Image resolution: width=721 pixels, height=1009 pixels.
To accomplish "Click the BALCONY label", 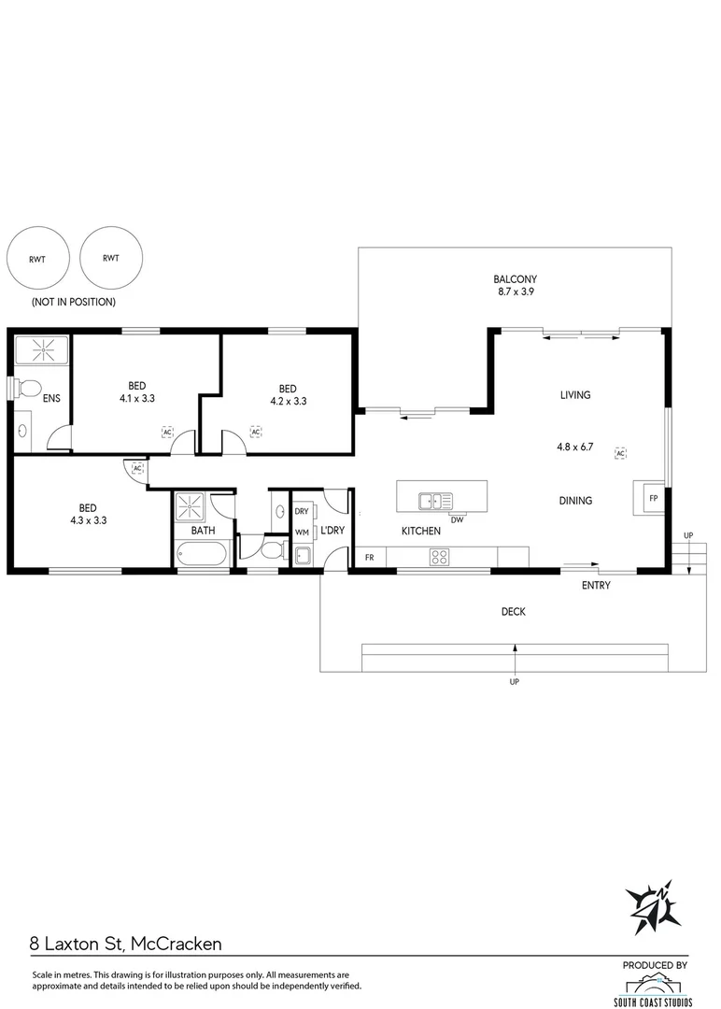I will click(515, 278).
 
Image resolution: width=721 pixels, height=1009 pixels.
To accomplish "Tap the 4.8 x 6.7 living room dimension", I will click(575, 447).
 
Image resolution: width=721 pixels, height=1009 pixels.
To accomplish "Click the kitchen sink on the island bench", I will click(435, 501).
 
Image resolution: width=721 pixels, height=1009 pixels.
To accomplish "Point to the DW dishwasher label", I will click(458, 519).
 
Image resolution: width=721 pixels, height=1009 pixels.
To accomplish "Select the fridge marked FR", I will click(369, 558).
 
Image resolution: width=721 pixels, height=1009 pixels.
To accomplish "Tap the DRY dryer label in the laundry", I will click(302, 512).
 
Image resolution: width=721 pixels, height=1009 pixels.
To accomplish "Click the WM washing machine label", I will click(302, 533).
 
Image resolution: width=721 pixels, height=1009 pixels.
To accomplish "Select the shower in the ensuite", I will click(42, 351).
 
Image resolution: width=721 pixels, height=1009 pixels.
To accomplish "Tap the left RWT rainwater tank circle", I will click(37, 258).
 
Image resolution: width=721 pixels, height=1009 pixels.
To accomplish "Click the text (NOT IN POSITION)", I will click(74, 302).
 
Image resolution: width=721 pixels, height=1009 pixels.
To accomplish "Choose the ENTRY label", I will click(596, 586).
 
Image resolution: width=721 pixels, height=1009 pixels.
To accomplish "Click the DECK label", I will click(513, 612).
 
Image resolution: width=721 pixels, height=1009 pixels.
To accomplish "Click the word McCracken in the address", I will click(177, 944).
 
